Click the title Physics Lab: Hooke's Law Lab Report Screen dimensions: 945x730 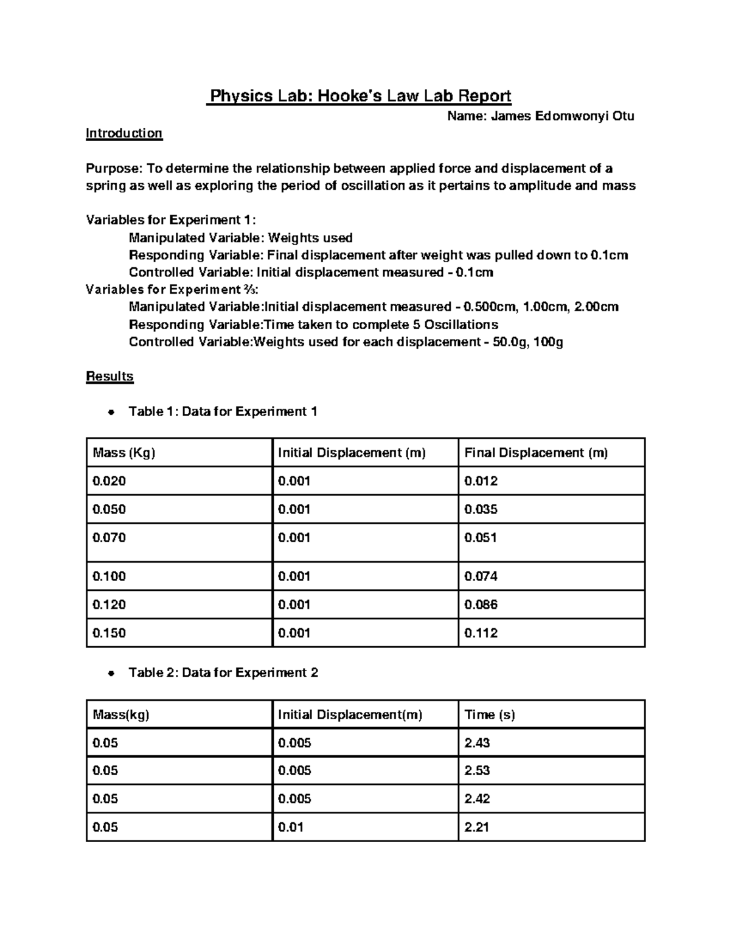(359, 96)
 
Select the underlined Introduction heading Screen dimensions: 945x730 (124, 133)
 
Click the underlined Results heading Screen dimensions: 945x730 (109, 377)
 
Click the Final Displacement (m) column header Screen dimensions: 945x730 (536, 453)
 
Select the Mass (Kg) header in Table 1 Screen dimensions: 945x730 (124, 453)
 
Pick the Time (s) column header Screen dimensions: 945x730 (490, 715)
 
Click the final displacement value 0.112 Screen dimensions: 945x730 (481, 633)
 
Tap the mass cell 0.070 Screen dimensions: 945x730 (109, 538)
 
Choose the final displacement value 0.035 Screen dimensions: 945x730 (481, 509)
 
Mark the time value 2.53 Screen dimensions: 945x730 (477, 770)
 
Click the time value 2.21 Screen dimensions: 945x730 (477, 827)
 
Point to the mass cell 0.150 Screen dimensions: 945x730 (109, 633)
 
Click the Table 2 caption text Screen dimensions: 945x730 (223, 673)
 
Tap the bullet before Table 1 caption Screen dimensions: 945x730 (110, 413)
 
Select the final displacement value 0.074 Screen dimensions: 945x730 (481, 576)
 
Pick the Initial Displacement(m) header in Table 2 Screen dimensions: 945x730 (350, 715)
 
